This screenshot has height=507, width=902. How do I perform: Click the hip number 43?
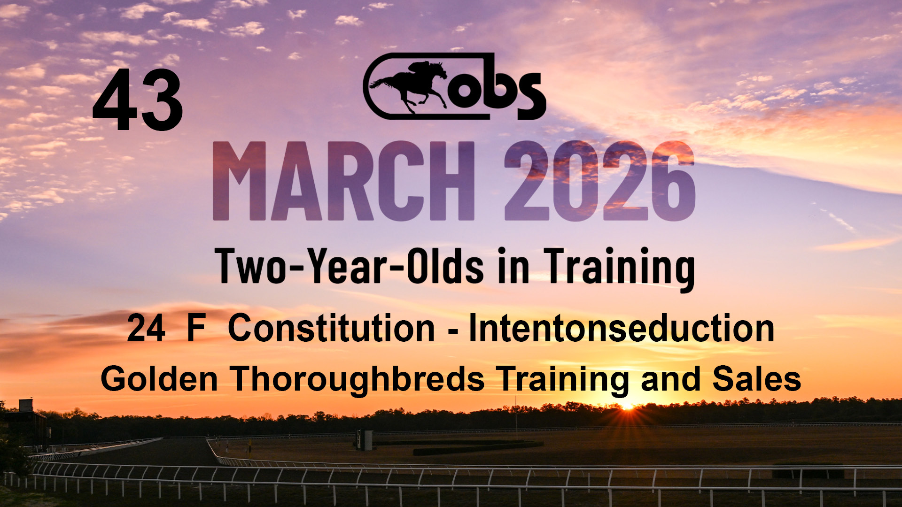(x=138, y=100)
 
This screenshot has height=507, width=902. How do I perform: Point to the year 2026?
(x=599, y=181)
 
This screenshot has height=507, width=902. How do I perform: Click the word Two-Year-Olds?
(x=349, y=266)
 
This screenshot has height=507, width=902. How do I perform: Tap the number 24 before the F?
(x=146, y=328)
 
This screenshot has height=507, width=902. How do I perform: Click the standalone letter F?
(x=196, y=328)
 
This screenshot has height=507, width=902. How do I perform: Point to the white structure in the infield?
(x=365, y=440)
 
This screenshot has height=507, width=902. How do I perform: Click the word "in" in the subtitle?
(x=513, y=266)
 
